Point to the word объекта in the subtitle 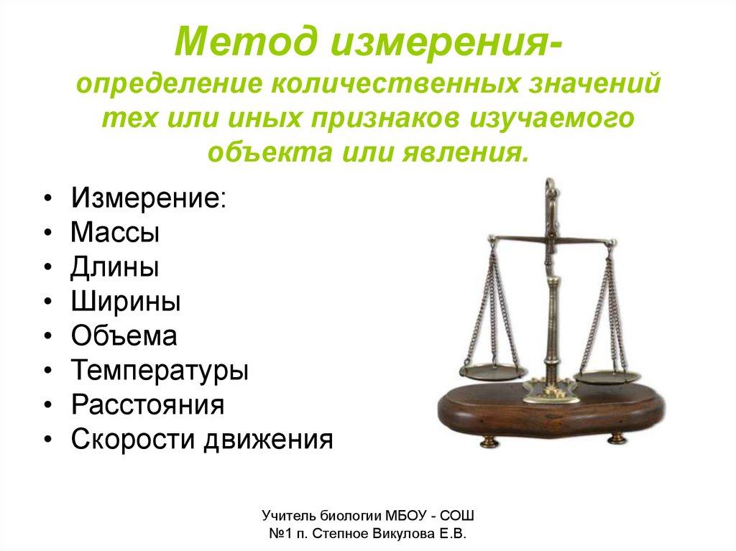270,152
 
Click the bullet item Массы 115,232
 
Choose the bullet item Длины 115,267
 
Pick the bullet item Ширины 126,301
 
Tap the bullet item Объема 124,335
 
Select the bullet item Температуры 160,371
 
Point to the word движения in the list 268,440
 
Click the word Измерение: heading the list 149,198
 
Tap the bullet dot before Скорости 47,440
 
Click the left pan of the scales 493,372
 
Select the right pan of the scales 608,376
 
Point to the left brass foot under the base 490,441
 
